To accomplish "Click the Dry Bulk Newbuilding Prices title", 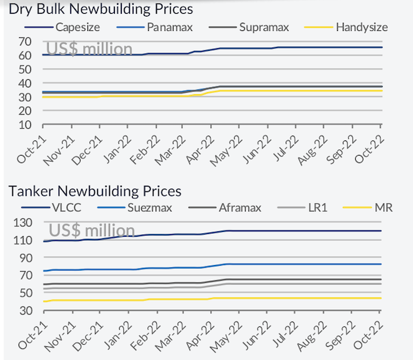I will pyautogui.click(x=100, y=10).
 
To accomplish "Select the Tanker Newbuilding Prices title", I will pyautogui.click(x=94, y=191).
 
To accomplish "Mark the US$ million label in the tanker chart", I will pyautogui.click(x=90, y=230).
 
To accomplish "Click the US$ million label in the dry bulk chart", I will pyautogui.click(x=89, y=49).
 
